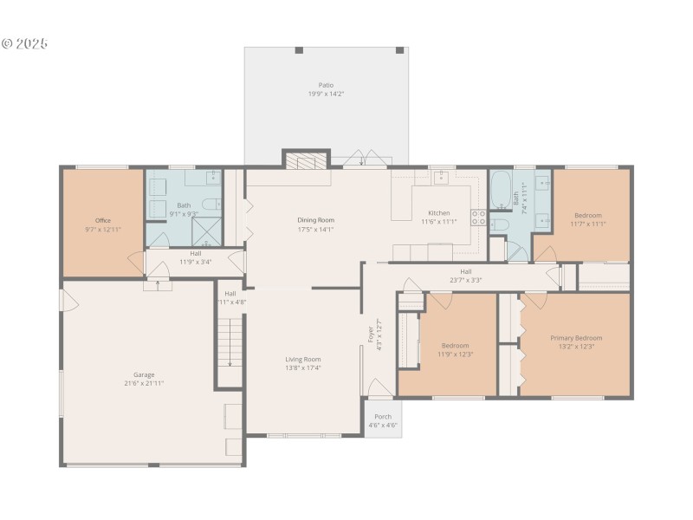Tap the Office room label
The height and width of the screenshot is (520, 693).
(x=103, y=220)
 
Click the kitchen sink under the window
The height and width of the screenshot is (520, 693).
(x=440, y=176)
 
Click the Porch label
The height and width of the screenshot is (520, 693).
(x=382, y=416)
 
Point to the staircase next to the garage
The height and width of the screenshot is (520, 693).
(x=229, y=340)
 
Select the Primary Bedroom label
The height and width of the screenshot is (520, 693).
(x=576, y=337)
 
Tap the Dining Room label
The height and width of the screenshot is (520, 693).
(x=315, y=220)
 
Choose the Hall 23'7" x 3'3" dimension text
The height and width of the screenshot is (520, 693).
(x=466, y=280)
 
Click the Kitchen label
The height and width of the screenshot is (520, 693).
(x=438, y=212)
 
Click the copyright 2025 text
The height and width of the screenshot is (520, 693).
(x=25, y=43)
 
